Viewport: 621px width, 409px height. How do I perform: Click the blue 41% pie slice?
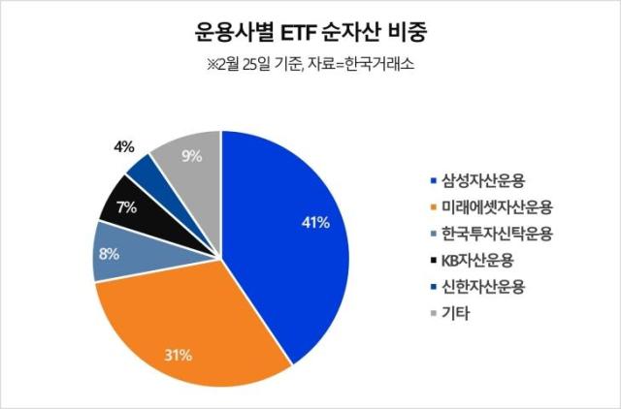[291, 242]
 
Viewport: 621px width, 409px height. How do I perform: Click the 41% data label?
[315, 223]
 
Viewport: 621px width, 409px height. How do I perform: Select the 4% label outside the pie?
[123, 147]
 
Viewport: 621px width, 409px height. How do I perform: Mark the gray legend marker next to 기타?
[432, 315]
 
